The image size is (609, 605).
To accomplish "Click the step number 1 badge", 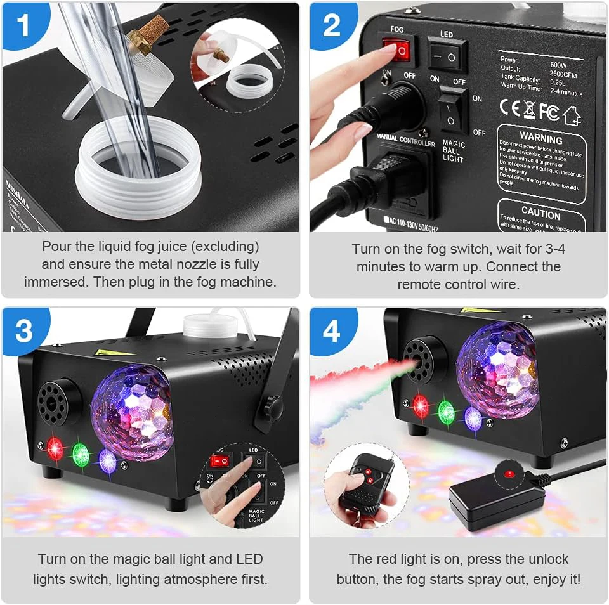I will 23,25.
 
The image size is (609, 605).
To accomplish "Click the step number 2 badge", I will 332,25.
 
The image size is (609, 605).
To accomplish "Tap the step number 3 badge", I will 23,330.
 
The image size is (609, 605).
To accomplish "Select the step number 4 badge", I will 332,330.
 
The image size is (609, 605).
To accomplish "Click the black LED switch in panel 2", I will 447,56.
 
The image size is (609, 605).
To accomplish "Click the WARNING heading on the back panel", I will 540,138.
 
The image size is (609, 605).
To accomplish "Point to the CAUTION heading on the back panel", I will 540,213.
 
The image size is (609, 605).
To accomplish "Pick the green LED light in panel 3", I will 81,454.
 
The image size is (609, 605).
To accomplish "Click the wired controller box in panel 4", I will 498,501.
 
